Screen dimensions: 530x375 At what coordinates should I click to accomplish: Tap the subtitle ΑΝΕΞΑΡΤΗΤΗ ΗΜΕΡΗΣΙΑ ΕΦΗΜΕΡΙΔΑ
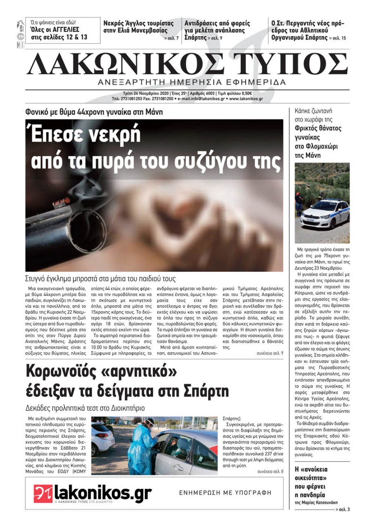click(x=192, y=82)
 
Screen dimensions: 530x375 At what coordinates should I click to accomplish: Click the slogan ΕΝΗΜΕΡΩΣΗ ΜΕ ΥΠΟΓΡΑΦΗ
click(x=225, y=493)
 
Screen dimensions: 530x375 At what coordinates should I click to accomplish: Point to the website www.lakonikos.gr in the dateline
click(x=246, y=99)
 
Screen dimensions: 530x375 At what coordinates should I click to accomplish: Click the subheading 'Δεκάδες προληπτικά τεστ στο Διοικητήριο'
click(x=85, y=408)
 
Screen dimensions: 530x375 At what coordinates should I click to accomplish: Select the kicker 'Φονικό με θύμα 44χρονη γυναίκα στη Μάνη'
click(x=94, y=112)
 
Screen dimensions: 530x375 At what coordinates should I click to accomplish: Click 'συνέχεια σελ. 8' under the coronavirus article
click(x=270, y=472)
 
